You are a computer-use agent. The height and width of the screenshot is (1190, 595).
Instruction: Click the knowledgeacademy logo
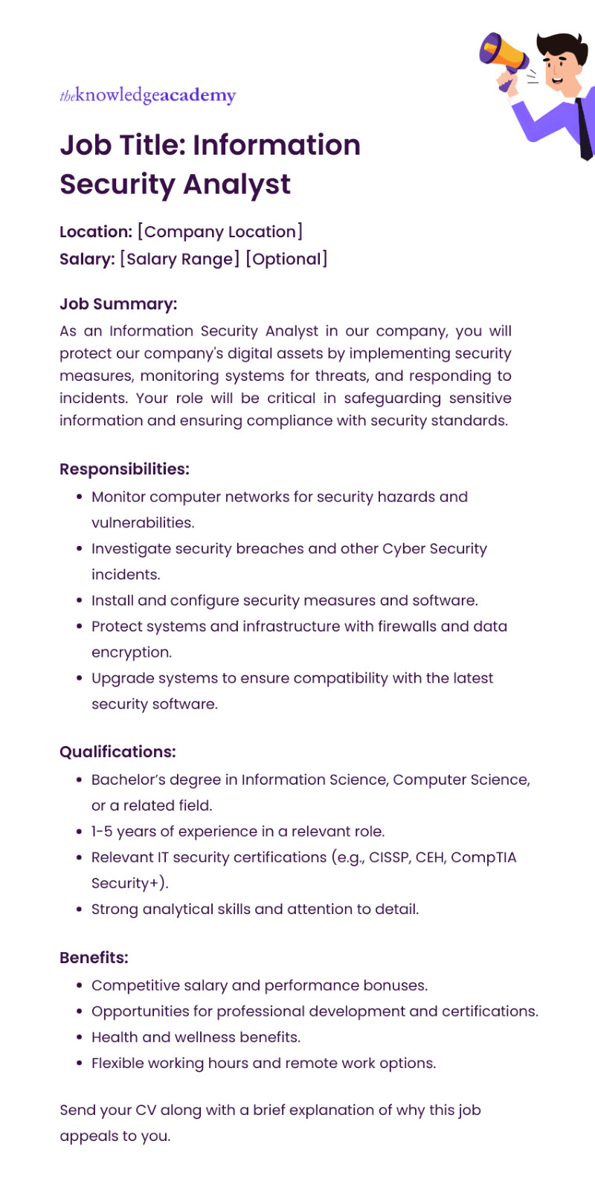(x=147, y=95)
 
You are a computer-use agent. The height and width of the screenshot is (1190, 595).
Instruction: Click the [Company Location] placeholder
(x=220, y=232)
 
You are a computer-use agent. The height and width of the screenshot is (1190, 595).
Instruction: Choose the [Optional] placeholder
(x=286, y=260)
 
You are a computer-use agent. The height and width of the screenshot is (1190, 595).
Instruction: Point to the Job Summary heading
(x=118, y=304)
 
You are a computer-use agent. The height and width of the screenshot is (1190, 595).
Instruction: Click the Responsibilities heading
(x=124, y=469)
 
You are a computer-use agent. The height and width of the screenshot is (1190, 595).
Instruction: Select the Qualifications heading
(x=118, y=752)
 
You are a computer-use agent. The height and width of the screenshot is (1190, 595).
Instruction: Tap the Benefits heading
(x=94, y=958)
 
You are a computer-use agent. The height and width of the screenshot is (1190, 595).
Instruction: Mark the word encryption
(x=131, y=652)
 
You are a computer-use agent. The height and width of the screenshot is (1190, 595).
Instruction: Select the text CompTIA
(x=483, y=858)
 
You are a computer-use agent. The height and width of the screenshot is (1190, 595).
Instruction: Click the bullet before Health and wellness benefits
(x=79, y=1038)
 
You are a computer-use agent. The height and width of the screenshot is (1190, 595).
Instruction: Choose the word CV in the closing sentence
(x=145, y=1110)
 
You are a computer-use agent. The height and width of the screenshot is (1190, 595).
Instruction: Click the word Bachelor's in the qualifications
(x=128, y=780)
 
